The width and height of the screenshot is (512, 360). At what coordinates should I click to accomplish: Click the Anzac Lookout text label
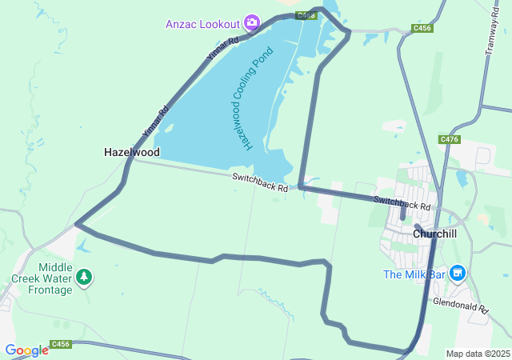click(x=203, y=23)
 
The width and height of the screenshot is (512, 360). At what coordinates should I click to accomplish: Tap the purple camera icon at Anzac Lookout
click(x=252, y=22)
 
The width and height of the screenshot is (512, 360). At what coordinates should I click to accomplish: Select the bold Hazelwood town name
click(x=132, y=152)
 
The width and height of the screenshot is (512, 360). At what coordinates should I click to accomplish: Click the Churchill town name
click(x=434, y=234)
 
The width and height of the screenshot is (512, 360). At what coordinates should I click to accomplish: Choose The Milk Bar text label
click(x=413, y=274)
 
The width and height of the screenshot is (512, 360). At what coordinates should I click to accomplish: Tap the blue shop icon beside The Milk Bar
click(x=458, y=274)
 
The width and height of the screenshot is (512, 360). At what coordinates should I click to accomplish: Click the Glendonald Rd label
click(x=460, y=306)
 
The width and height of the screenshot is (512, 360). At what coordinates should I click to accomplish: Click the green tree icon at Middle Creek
click(x=84, y=278)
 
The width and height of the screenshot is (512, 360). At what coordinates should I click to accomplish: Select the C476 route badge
click(x=450, y=139)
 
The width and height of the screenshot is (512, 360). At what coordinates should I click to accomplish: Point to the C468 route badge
click(x=305, y=15)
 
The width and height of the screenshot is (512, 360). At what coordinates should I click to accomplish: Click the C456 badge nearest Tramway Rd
click(x=422, y=28)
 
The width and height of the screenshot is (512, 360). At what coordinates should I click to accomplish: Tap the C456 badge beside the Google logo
click(x=61, y=345)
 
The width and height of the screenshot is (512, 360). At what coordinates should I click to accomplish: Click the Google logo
click(x=26, y=350)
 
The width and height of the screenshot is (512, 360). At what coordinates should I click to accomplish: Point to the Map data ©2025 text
click(x=478, y=354)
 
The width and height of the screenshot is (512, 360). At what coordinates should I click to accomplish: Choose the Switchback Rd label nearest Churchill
click(x=402, y=203)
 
